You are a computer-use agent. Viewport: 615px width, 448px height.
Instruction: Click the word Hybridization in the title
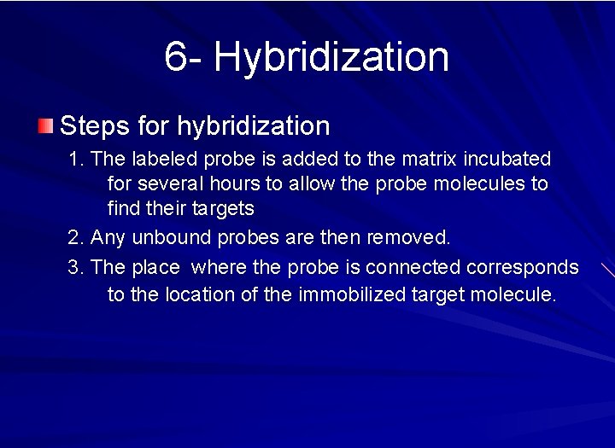pyautogui.click(x=331, y=58)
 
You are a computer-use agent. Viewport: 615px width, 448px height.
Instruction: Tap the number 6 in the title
pyautogui.click(x=175, y=56)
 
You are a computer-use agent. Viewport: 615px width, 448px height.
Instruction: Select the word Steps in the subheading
pyautogui.click(x=94, y=127)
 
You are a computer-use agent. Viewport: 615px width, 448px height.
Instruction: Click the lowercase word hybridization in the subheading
pyautogui.click(x=253, y=127)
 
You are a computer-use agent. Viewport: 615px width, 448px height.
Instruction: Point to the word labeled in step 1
pyautogui.click(x=161, y=159)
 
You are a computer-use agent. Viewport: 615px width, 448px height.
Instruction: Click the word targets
pyautogui.click(x=225, y=208)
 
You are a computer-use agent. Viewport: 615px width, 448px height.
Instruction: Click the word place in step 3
pyautogui.click(x=155, y=268)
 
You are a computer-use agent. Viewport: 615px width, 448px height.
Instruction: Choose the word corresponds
pyautogui.click(x=523, y=268)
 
